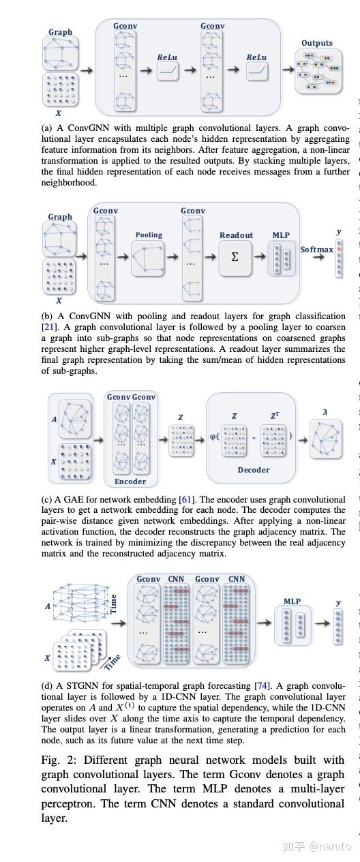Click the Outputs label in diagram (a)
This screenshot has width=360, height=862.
coord(317,43)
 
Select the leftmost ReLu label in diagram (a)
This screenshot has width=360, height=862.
coord(167,57)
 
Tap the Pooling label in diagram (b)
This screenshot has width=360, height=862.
coord(149,235)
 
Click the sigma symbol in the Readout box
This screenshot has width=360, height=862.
coord(235,257)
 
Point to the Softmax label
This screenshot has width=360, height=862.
coord(316,250)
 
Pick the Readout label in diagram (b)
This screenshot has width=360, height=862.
coord(236,235)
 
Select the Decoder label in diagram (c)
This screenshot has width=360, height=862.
coord(253,470)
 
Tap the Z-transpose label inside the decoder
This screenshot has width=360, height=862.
coord(274,416)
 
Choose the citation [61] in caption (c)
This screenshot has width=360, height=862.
coord(185,499)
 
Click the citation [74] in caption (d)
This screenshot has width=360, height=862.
coord(261,685)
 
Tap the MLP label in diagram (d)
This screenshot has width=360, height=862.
coord(292,601)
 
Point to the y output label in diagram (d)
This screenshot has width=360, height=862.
coord(338,603)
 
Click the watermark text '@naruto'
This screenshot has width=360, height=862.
coord(329,846)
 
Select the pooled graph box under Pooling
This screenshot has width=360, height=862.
coord(149,257)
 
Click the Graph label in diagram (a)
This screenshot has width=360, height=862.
coord(60,32)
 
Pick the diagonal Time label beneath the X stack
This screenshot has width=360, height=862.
coord(112,662)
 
